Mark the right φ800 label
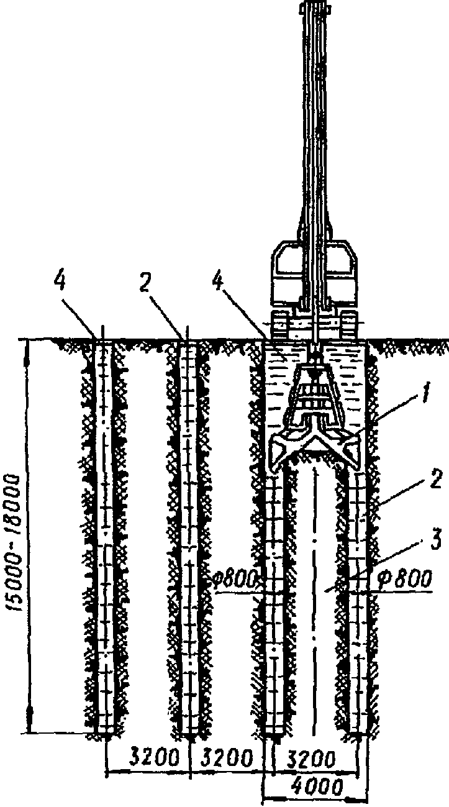404,580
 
